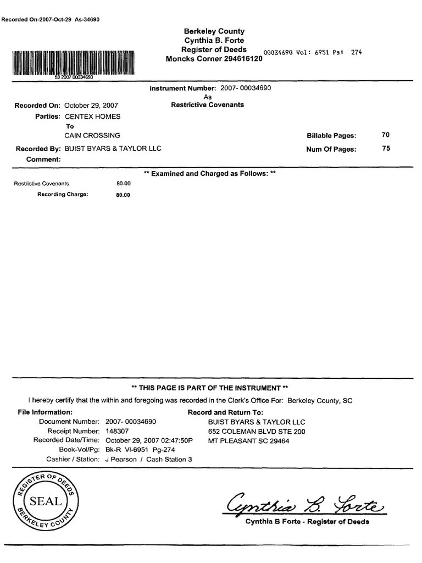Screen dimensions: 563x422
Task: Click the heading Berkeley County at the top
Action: click(x=214, y=31)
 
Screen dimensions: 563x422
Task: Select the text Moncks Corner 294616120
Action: click(x=214, y=59)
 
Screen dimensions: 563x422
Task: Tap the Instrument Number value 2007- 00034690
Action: click(x=246, y=88)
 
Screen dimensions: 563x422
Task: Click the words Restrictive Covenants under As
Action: click(x=208, y=104)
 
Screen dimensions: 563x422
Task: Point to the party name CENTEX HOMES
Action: click(x=92, y=117)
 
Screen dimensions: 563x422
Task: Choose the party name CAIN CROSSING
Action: click(x=92, y=135)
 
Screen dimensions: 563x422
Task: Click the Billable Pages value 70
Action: click(x=386, y=135)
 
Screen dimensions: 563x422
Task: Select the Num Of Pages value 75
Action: click(x=386, y=148)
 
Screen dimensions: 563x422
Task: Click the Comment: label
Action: click(x=43, y=159)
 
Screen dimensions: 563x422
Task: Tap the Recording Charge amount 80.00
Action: click(x=123, y=195)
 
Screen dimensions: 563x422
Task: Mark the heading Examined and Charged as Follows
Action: click(x=209, y=174)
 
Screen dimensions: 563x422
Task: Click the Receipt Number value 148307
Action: click(x=118, y=432)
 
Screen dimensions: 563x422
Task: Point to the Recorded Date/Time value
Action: click(x=149, y=440)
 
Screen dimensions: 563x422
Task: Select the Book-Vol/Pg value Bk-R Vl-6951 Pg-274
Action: click(x=140, y=450)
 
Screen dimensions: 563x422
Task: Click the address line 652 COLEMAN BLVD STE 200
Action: click(x=256, y=432)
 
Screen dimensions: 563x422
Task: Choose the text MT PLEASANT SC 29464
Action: click(x=248, y=441)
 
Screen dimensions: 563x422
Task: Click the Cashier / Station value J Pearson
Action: click(x=121, y=459)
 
